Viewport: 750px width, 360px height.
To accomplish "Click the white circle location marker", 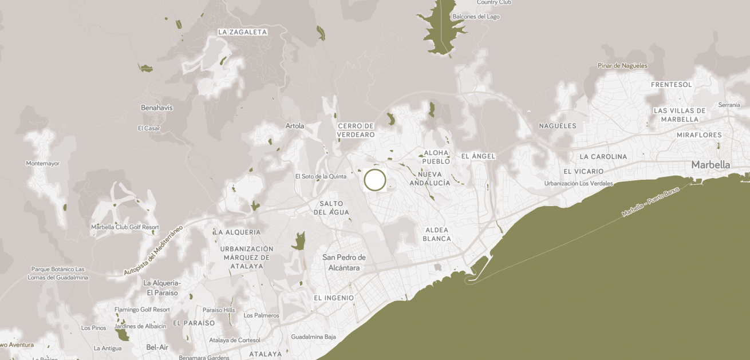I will pos(375,180).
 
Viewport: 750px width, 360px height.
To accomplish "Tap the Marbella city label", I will pos(710,165).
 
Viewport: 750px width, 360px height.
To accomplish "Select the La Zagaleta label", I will pos(242,32).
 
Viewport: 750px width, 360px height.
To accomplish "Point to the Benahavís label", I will pos(156,108).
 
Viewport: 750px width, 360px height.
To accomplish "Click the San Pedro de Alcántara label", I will pos(344,262).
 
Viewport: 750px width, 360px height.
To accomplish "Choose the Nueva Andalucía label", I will pos(430,179).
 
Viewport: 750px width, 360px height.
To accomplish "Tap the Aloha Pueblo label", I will pos(436,157).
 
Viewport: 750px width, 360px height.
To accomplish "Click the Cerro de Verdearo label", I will pos(356,130).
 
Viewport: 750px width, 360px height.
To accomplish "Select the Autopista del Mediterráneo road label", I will pos(153,250).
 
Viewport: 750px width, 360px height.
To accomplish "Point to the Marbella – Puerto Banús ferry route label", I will pos(650,201).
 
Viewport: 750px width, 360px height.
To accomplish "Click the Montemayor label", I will pos(42,164).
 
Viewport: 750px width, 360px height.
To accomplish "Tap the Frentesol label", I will pos(671,85).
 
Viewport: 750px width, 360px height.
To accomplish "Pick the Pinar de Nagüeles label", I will pos(622,66).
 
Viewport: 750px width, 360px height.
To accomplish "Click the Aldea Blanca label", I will pos(437,234).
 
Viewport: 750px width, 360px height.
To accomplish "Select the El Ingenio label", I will pos(334,298).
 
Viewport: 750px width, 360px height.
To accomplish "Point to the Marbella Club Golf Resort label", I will pos(125,227).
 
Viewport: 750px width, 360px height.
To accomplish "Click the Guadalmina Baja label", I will pos(313,337).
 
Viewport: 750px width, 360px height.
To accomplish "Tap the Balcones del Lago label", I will pos(476,17).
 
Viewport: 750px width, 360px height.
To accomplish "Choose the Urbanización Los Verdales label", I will pos(578,184).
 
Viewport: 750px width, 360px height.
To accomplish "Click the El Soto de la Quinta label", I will pos(321,176).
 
